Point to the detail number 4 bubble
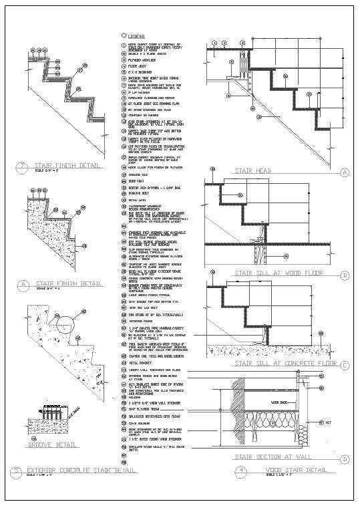tap(241, 471)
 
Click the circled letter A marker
tap(345, 172)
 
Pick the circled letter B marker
tap(345, 275)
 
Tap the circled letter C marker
tap(345, 364)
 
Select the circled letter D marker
tap(345, 459)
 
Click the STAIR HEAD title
tap(251, 172)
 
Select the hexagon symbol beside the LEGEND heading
tap(123, 36)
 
